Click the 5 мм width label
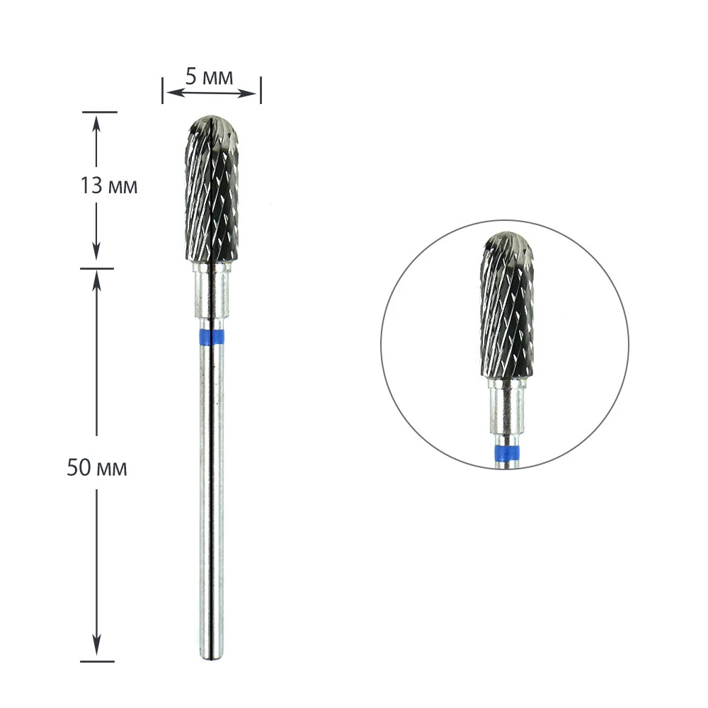(x=209, y=77)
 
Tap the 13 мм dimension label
(x=109, y=185)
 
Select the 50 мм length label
(x=96, y=467)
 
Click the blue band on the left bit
(x=211, y=337)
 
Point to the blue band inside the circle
(x=507, y=452)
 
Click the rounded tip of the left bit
(x=212, y=118)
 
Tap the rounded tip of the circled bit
(x=507, y=235)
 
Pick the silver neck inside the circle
(x=507, y=410)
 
